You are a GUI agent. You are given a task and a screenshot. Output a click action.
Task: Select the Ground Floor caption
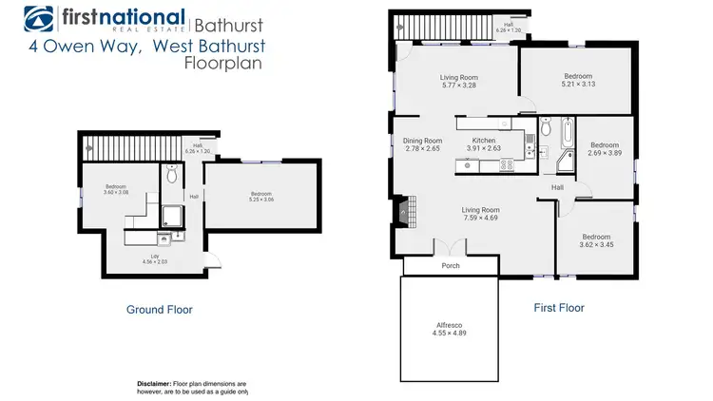pos(160,309)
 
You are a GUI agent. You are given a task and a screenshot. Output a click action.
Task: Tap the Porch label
pos(451,266)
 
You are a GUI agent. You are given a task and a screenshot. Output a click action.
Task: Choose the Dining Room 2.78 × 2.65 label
pos(422,144)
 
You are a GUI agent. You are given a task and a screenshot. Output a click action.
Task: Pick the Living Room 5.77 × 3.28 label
pos(458,83)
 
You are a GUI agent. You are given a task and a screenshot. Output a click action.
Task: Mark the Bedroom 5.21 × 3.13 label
pos(576,81)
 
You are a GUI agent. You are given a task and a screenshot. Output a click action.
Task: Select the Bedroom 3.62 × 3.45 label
pos(597,241)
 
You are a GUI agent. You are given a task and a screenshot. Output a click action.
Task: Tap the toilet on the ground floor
pos(172,174)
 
